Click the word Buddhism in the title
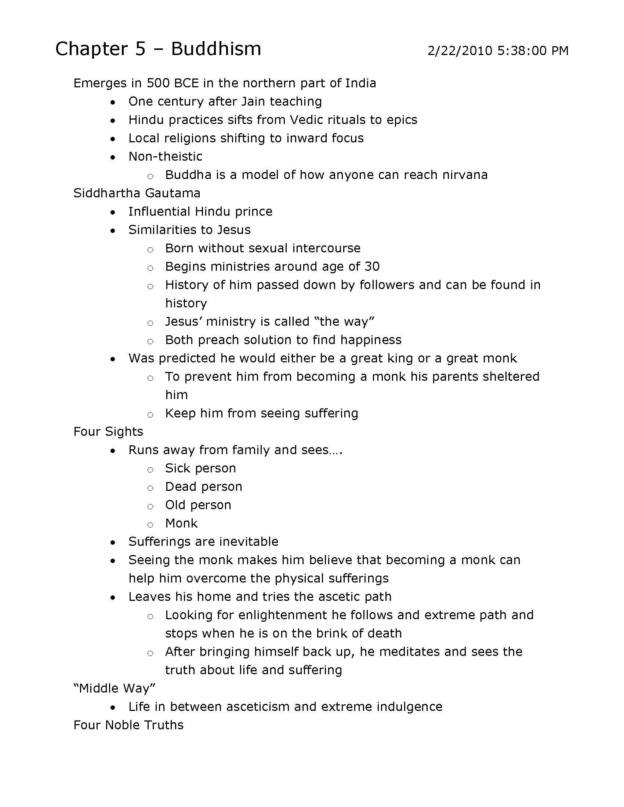click(x=216, y=49)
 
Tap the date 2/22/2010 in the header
click(x=460, y=51)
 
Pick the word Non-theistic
click(x=165, y=157)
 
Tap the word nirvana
click(x=465, y=175)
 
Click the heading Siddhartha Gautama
click(x=137, y=193)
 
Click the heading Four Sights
click(x=108, y=432)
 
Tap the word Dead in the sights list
click(x=178, y=487)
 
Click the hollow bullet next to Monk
click(x=150, y=525)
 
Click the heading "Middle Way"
click(x=114, y=689)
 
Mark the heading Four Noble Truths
click(x=128, y=725)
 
